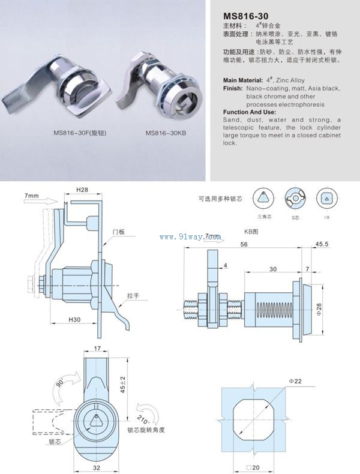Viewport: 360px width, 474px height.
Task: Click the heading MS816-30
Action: pos(244,16)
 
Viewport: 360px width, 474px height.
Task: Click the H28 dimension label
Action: pos(82,190)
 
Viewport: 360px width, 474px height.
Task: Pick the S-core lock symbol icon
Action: pos(295,198)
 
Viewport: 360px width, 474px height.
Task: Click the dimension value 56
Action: pos(244,245)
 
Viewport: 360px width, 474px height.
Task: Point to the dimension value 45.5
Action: pos(338,245)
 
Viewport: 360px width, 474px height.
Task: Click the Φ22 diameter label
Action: pos(295,381)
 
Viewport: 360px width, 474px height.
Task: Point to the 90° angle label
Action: pos(61,383)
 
